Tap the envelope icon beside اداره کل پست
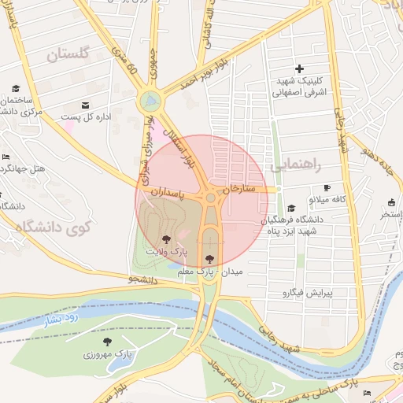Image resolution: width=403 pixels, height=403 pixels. click(x=85, y=105)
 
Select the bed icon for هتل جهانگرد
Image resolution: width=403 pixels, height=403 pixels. click(x=6, y=157)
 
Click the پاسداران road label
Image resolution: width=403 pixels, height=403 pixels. click(x=166, y=190)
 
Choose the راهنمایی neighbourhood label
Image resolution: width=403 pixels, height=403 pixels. click(x=296, y=166)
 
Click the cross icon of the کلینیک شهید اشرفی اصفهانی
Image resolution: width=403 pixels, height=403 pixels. click(x=299, y=69)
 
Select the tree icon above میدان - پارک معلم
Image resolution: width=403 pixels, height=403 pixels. click(x=209, y=258)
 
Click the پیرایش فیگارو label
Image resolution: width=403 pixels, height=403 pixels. click(x=308, y=293)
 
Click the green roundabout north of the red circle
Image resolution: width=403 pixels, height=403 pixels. click(x=149, y=100)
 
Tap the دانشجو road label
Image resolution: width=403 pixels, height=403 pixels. click(x=143, y=278)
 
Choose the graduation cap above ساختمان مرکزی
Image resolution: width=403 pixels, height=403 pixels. click(x=16, y=88)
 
